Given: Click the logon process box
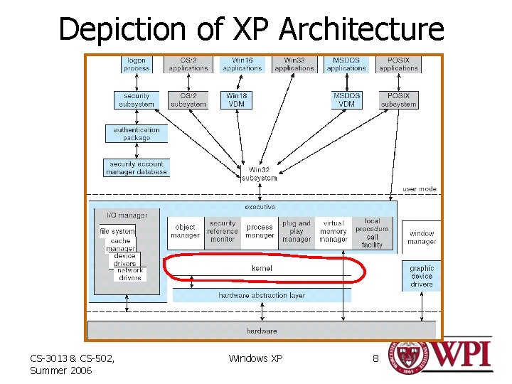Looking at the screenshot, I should coord(137,65).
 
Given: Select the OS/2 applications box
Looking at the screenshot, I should coord(188,65).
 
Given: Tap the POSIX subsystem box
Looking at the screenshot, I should coord(398,100).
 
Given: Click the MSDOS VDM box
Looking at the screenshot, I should coord(346,100).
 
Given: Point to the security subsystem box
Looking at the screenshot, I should coord(137,100).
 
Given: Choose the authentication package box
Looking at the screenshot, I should coord(137,134).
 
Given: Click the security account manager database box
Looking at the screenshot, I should coord(137,168).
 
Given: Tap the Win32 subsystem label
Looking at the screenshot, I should coord(259,174).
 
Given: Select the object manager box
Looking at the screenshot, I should coord(185,231).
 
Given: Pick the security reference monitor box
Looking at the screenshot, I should coord(223,231).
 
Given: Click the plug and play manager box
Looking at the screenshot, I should coord(297,231).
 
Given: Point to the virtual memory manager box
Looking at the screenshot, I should coord(334,231).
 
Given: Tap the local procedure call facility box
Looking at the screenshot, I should coord(372,233).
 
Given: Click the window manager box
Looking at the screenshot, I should coord(422,238).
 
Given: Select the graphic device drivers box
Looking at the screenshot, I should coord(422,276).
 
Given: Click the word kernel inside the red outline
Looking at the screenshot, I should coord(262,268).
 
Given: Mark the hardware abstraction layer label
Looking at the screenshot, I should coord(262,295).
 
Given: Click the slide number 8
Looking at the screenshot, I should coord(375,358).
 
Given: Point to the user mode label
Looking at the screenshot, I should coord(420,189).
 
